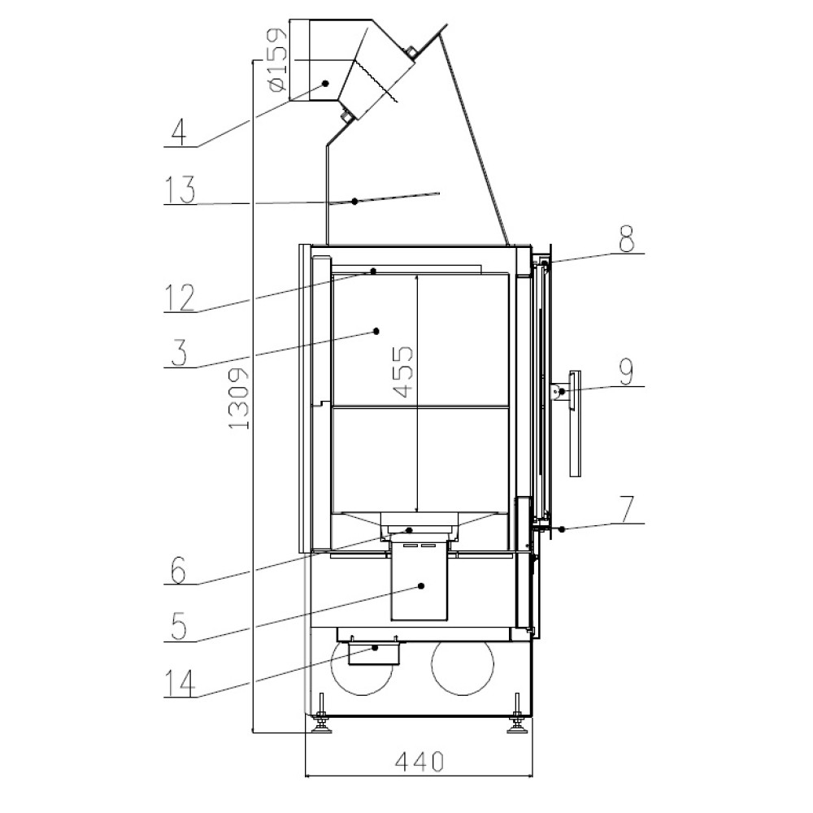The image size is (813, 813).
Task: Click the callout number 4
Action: click(178, 132)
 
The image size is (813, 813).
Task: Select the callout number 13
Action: click(180, 189)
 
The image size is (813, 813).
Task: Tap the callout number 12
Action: click(180, 298)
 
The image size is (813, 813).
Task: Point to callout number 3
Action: click(179, 353)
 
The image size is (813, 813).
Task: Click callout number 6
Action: click(178, 571)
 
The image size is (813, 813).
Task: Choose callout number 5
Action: click(179, 626)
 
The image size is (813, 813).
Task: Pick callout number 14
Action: click(180, 683)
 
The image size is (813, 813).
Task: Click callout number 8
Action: click(627, 238)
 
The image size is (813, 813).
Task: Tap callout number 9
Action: click(626, 372)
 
